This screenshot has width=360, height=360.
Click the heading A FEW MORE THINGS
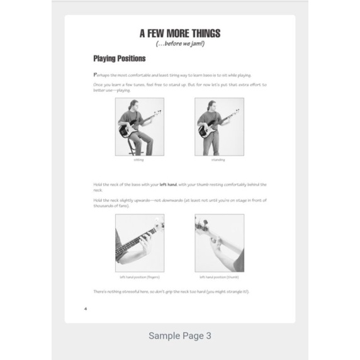point(179,34)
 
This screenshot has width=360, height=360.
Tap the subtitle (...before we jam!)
point(179,44)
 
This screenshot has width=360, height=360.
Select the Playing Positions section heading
point(119,59)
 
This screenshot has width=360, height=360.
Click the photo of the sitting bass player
point(139,127)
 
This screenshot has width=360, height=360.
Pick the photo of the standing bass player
point(218,127)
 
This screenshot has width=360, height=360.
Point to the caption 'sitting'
point(139,160)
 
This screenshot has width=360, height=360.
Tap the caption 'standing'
point(218,160)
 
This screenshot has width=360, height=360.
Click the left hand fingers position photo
point(139,243)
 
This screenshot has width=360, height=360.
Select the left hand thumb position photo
point(219,243)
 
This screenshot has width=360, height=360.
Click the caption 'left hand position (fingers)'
point(139,276)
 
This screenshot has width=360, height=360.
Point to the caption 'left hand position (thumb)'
point(219,276)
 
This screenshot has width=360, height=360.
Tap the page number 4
point(85,309)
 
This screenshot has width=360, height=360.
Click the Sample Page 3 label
point(179,335)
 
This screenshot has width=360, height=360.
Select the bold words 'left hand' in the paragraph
point(168,184)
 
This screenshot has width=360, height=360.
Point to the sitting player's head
point(133,104)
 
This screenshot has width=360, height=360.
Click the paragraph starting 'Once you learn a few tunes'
point(179,87)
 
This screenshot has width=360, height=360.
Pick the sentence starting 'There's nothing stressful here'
point(171,291)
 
